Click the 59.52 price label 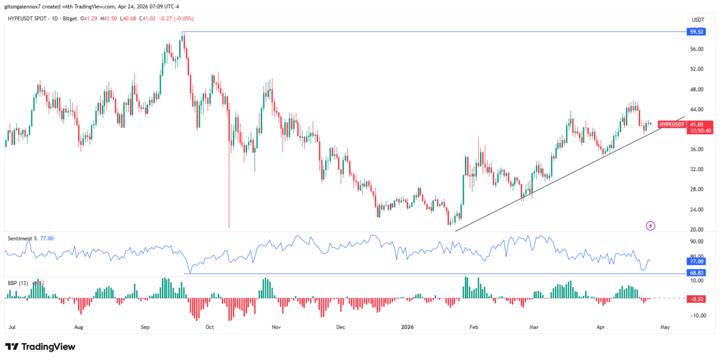click(x=696, y=32)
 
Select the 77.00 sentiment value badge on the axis click(x=696, y=262)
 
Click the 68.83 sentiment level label click(x=696, y=273)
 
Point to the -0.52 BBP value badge click(x=696, y=299)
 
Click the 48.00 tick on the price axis click(x=697, y=89)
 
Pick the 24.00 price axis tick click(x=697, y=209)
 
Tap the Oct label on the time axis click(x=209, y=328)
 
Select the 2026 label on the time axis click(x=407, y=328)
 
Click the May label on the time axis click(x=664, y=328)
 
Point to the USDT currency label click(x=697, y=20)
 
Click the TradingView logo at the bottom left click(x=40, y=347)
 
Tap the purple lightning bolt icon click(x=650, y=226)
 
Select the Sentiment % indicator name click(x=22, y=238)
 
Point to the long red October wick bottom click(x=229, y=227)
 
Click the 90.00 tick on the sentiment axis click(x=697, y=242)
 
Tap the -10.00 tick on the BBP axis click(x=696, y=316)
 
